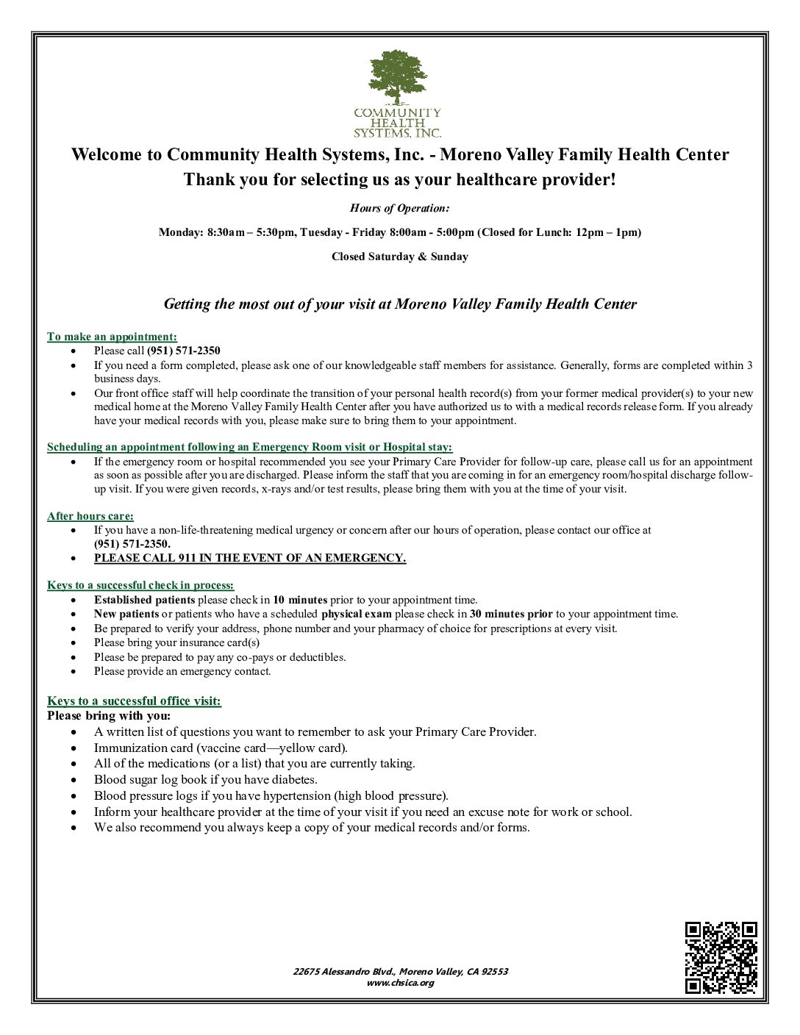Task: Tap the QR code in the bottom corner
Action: [x=721, y=957]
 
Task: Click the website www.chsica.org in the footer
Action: [x=400, y=983]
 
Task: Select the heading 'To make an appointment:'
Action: [x=112, y=337]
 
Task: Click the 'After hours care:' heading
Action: [x=90, y=516]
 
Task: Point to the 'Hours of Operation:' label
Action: [x=399, y=208]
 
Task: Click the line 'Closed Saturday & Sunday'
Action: [x=399, y=257]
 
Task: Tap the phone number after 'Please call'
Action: [x=184, y=351]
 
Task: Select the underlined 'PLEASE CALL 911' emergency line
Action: [x=249, y=558]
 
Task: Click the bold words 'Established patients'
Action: [x=144, y=600]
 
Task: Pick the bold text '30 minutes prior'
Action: [x=511, y=614]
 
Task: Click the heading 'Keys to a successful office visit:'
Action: [x=134, y=701]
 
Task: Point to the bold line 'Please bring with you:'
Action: [x=109, y=716]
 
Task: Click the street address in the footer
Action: [x=400, y=971]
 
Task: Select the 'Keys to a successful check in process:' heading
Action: [x=140, y=585]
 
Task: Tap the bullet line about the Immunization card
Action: [x=221, y=748]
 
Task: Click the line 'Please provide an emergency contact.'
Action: [x=182, y=671]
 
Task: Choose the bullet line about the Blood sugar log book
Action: [x=206, y=779]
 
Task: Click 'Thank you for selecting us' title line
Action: [x=399, y=179]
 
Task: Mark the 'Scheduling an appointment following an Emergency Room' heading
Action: [x=249, y=447]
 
